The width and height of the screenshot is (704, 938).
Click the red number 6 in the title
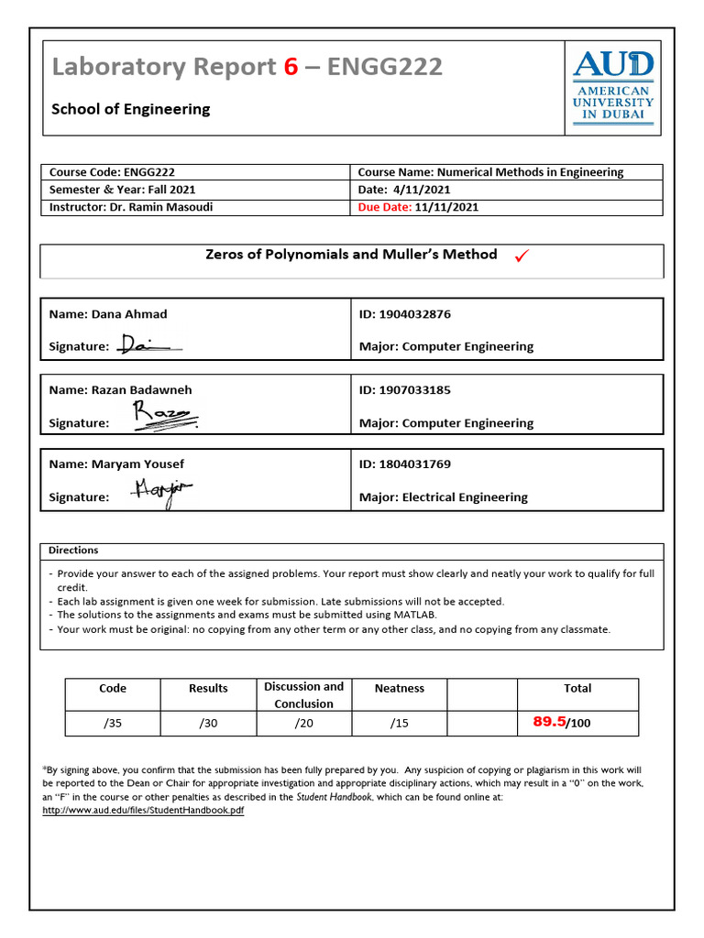pyautogui.click(x=290, y=67)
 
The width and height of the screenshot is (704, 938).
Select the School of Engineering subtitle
pyautogui.click(x=130, y=109)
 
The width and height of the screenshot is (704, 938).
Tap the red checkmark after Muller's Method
pyautogui.click(x=522, y=256)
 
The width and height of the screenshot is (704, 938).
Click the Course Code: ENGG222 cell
pyautogui.click(x=112, y=172)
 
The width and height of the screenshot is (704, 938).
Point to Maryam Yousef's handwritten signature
pyautogui.click(x=161, y=491)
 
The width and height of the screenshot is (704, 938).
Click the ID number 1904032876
pyautogui.click(x=414, y=314)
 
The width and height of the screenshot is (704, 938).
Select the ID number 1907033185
pyautogui.click(x=414, y=389)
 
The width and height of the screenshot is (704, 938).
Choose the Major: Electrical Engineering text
pyautogui.click(x=444, y=497)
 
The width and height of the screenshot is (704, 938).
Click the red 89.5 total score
pyautogui.click(x=549, y=722)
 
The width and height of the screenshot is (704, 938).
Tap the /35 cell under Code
pyautogui.click(x=113, y=723)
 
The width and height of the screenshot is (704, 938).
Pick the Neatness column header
pyautogui.click(x=400, y=688)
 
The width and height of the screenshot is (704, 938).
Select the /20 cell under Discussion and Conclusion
pyautogui.click(x=303, y=723)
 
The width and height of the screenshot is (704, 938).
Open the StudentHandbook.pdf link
pyautogui.click(x=143, y=811)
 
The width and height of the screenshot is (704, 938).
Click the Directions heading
pyautogui.click(x=73, y=551)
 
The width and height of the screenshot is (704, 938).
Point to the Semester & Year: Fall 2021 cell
pyautogui.click(x=122, y=190)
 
